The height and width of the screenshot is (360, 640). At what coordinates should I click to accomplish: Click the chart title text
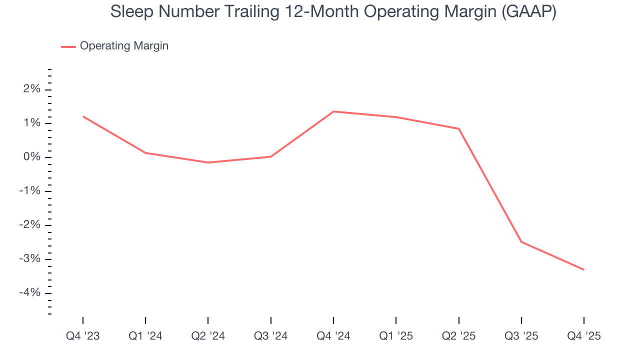[333, 12]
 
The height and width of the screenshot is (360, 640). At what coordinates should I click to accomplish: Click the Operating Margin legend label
[124, 46]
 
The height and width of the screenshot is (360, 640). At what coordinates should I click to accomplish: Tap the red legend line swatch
[68, 46]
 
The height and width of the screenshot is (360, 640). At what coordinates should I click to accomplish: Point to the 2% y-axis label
[30, 89]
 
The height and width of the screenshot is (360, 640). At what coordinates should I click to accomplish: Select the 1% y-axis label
[30, 123]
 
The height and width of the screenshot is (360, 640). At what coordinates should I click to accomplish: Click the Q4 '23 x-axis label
[83, 336]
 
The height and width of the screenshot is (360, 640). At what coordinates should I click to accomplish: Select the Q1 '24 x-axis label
[145, 336]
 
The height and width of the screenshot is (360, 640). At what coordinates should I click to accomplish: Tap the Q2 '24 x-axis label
[208, 336]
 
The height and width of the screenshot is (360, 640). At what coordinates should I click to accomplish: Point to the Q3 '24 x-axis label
[270, 336]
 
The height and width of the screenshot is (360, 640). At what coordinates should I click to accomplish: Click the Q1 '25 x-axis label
[396, 336]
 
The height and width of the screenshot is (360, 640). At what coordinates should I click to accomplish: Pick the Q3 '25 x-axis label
[521, 336]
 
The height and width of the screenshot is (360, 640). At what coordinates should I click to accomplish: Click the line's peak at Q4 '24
[333, 111]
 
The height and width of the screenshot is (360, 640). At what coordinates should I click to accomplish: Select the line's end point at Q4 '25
[583, 269]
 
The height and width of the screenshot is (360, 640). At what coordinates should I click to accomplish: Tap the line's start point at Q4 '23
[83, 116]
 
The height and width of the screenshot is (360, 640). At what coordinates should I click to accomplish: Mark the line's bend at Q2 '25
[458, 128]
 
